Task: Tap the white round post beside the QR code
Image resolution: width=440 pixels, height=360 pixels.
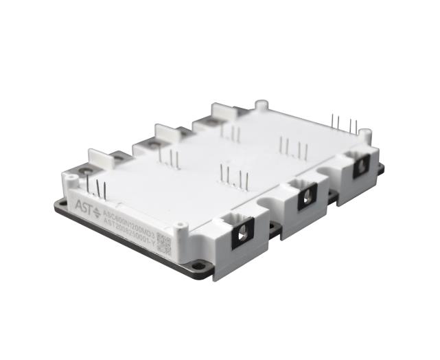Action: (181, 225)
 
